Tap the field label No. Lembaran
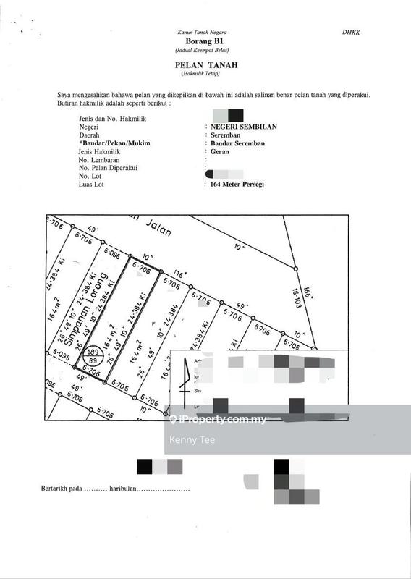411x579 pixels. click(99, 160)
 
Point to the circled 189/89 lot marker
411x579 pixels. click(93, 355)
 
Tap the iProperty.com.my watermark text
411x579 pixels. click(216, 420)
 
